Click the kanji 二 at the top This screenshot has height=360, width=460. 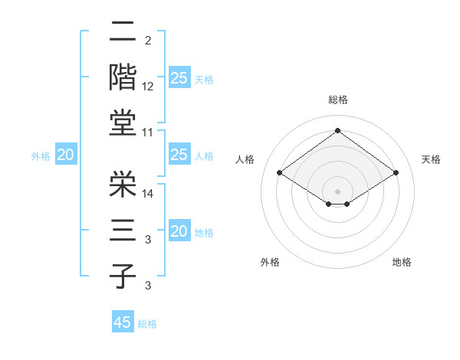click(x=123, y=31)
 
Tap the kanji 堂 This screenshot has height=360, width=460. click(x=123, y=123)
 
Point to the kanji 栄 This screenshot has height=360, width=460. click(x=123, y=183)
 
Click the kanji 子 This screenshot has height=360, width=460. click(x=123, y=276)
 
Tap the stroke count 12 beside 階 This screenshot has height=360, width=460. click(x=148, y=87)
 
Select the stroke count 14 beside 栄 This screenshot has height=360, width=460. click(x=148, y=194)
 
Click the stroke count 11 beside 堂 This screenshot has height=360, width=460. click(x=148, y=133)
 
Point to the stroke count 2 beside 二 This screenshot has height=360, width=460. click(x=148, y=40)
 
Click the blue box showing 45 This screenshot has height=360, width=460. click(x=123, y=322)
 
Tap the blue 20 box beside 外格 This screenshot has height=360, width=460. click(x=65, y=155)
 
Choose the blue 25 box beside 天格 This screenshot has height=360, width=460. click(x=179, y=77)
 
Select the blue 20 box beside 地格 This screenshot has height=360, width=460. click(x=179, y=231)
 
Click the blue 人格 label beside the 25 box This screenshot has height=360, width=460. click(x=204, y=156)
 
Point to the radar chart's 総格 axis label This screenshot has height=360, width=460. click(x=337, y=100)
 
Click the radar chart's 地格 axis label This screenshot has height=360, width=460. click(x=402, y=262)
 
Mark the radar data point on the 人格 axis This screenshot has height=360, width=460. click(x=280, y=173)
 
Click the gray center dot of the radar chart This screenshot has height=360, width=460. click(x=337, y=190)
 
